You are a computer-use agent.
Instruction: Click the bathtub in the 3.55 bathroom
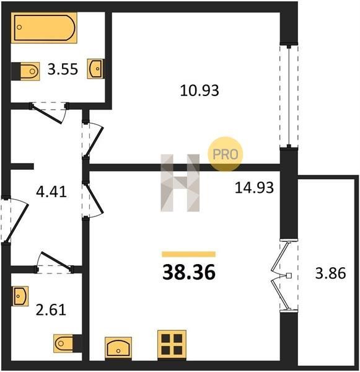pos(44,27)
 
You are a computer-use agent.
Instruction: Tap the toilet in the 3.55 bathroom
pos(25,71)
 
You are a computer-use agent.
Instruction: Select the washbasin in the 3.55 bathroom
pos(95,68)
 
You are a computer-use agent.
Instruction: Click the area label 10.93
pos(200,91)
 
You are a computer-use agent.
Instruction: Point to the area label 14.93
pos(254,187)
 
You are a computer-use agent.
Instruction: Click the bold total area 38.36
pos(189,272)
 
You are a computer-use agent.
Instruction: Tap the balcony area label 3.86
pos(330,273)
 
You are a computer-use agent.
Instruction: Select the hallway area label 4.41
pos(51,192)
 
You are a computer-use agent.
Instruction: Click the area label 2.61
pos(51,310)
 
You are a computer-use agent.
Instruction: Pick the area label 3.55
pos(63,69)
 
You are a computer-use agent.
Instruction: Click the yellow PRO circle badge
pos(226,154)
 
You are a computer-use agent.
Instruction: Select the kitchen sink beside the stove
pos(118,347)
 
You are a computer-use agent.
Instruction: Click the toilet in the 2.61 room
pos(68,343)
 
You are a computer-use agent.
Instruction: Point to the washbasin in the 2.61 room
pos(20,296)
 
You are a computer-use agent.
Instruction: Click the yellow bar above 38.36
pos(189,254)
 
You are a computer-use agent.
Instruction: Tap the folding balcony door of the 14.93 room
pos(283,276)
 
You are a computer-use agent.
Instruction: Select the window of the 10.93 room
pos(289,96)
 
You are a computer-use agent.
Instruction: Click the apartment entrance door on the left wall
pos(14,221)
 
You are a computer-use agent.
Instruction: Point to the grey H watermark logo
pos(180,183)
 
